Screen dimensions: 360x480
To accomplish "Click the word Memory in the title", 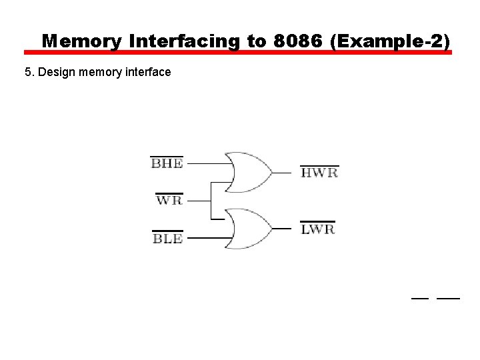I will tap(82, 41).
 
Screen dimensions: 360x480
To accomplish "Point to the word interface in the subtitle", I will tap(148, 71).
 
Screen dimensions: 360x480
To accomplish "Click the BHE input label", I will tap(167, 163).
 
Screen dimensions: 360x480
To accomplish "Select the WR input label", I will tap(169, 199).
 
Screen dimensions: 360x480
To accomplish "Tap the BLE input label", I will tap(167, 238).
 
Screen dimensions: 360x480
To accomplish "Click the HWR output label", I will tap(319, 173).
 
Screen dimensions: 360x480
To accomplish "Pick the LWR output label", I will tap(317, 229).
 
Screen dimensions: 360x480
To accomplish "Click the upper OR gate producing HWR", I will tap(248, 172).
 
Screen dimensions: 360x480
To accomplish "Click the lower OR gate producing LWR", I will tap(248, 229).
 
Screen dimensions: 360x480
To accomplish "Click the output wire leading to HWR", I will tap(283, 173).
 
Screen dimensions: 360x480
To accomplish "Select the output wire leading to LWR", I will tap(283, 229).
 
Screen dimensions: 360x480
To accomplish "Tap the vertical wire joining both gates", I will tap(211, 200).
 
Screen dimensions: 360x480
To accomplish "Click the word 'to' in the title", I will tap(257, 41).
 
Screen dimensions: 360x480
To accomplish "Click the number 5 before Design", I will tap(27, 71).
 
